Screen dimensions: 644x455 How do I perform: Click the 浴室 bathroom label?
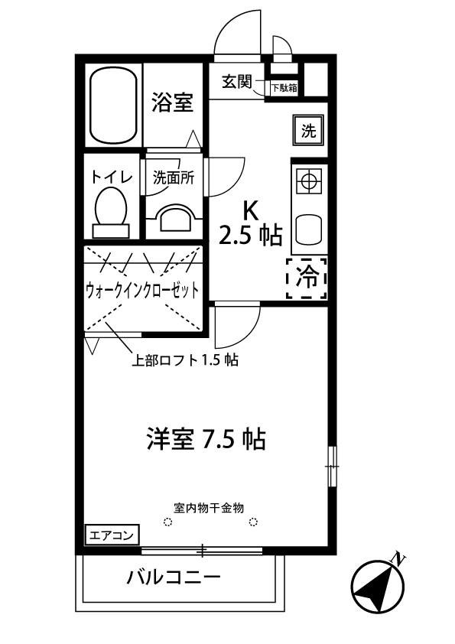(171, 102)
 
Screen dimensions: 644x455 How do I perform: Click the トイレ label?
(112, 177)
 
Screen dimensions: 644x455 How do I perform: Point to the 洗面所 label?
(174, 177)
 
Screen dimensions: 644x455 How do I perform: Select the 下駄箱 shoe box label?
(284, 88)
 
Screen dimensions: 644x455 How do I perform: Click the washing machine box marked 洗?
(307, 131)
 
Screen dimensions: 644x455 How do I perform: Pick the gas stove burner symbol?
(308, 182)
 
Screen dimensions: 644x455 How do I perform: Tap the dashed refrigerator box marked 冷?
(307, 278)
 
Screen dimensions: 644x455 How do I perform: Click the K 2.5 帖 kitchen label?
(250, 224)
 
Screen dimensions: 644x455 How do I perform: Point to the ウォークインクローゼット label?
(143, 290)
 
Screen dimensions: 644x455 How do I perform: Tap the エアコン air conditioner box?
(111, 535)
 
